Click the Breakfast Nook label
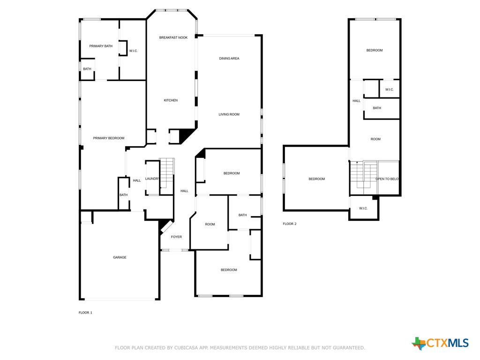pyautogui.click(x=173, y=37)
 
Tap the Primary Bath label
pyautogui.click(x=101, y=46)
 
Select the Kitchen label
pyautogui.click(x=171, y=100)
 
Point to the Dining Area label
pyautogui.click(x=229, y=59)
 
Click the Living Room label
pyautogui.click(x=229, y=114)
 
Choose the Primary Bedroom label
pyautogui.click(x=109, y=138)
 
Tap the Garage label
pyautogui.click(x=120, y=257)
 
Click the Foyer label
pyautogui.click(x=176, y=237)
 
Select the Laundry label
pyautogui.click(x=152, y=179)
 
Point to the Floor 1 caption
pyautogui.click(x=85, y=313)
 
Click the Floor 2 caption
pyautogui.click(x=290, y=224)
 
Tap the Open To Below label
pyautogui.click(x=387, y=179)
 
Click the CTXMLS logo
pyautogui.click(x=440, y=343)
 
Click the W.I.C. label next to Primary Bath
pyautogui.click(x=134, y=51)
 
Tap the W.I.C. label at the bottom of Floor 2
pyautogui.click(x=363, y=209)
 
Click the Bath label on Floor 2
pyautogui.click(x=377, y=108)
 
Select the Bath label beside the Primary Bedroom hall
pyautogui.click(x=123, y=195)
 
